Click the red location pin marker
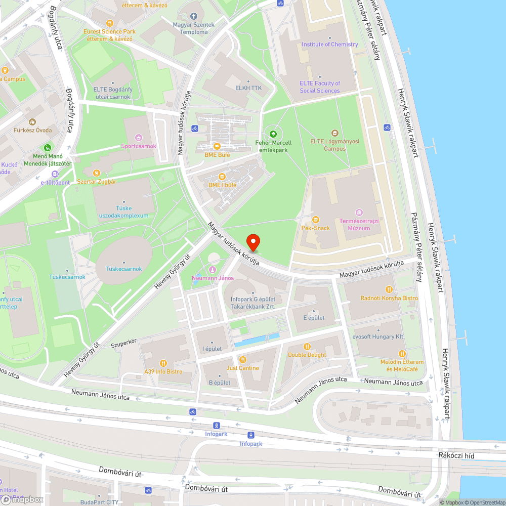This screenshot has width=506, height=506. point(252,243)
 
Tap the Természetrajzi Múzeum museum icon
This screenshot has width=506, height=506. point(359,212)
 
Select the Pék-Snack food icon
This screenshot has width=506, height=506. point(316,219)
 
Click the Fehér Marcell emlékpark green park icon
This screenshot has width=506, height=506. point(273,134)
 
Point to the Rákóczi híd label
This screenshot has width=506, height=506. point(456,455)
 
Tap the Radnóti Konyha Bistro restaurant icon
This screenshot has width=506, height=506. point(389,289)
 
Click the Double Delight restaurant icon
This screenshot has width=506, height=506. point(307,346)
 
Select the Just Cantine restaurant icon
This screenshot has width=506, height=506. point(243,359)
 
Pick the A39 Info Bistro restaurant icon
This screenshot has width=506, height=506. point(163,363)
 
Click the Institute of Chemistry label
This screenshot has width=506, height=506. point(329,44)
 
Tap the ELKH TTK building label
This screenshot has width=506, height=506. point(248,87)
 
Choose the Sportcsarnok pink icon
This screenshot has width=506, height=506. point(139,138)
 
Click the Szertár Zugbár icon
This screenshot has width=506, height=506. point(97,173)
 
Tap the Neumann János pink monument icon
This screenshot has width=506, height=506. point(213,270)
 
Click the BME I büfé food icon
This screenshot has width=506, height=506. point(222,177)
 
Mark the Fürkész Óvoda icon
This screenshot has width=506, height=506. point(32,122)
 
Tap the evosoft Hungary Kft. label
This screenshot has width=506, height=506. point(378,336)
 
